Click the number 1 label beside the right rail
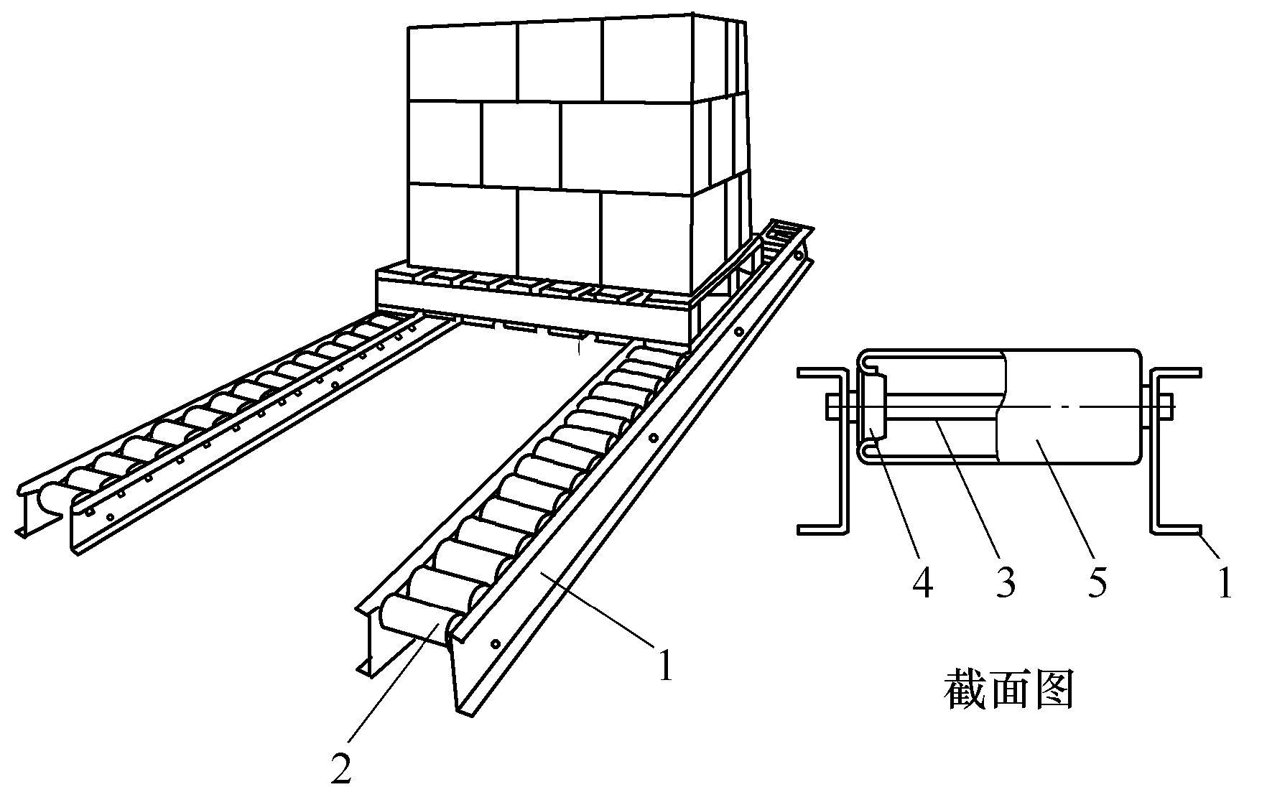(666, 665)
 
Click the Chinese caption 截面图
(1008, 690)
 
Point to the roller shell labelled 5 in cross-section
(1070, 431)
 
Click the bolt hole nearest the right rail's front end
(495, 643)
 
